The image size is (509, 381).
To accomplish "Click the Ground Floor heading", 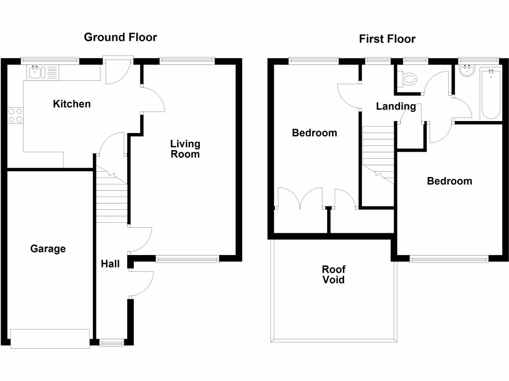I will click(120, 37).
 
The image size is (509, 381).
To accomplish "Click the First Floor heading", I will click(387, 39).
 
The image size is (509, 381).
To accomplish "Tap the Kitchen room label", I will click(72, 104).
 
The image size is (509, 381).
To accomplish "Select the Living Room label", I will click(185, 149).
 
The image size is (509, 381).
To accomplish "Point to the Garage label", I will click(48, 249).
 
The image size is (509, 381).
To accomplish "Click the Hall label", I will click(110, 264).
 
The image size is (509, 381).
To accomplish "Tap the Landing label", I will click(396, 106).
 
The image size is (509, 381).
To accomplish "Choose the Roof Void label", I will click(334, 274).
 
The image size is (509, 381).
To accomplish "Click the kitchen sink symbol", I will click(35, 73).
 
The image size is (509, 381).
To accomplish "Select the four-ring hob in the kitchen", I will click(15, 115).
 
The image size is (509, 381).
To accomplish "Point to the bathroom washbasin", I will click(467, 72).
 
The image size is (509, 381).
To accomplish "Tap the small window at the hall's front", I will click(112, 342).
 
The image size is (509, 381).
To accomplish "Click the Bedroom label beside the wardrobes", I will click(314, 133).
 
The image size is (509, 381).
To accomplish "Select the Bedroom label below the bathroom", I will click(449, 181).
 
